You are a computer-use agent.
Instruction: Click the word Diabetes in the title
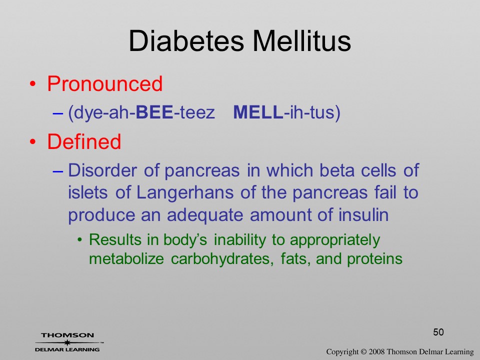pyautogui.click(x=186, y=41)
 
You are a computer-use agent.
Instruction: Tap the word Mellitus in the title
pyautogui.click(x=301, y=41)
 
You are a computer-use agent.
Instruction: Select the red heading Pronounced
pyautogui.click(x=104, y=84)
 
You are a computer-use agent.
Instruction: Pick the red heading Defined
pyautogui.click(x=84, y=141)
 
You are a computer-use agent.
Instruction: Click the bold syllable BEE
pyautogui.click(x=154, y=112)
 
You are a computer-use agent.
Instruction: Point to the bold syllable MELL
pyautogui.click(x=258, y=112)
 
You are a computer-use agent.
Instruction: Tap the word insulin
pyautogui.click(x=363, y=214)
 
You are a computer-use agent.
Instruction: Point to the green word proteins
pyautogui.click(x=374, y=259)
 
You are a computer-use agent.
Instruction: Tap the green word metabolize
pyautogui.click(x=126, y=259)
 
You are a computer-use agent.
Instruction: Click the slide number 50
pyautogui.click(x=438, y=332)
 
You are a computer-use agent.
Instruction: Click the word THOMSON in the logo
pyautogui.click(x=67, y=335)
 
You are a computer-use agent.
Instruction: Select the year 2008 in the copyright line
pyautogui.click(x=376, y=352)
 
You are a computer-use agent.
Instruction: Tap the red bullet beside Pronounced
pyautogui.click(x=33, y=84)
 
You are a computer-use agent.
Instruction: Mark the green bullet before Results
pyautogui.click(x=80, y=240)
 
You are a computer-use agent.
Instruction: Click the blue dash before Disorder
pyautogui.click(x=57, y=171)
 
